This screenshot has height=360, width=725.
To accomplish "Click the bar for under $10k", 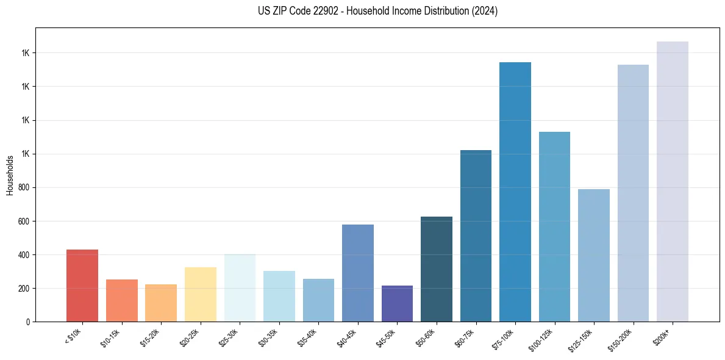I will tap(82, 286).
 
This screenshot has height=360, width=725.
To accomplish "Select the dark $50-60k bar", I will tap(437, 269).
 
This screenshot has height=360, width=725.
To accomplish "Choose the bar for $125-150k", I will tap(594, 256).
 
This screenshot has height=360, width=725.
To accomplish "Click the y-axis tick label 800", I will tap(24, 188).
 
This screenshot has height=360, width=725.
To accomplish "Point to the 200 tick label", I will tap(24, 289).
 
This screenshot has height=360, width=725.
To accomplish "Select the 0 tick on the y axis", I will tap(28, 322).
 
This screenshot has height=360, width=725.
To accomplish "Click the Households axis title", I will tap(10, 175).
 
